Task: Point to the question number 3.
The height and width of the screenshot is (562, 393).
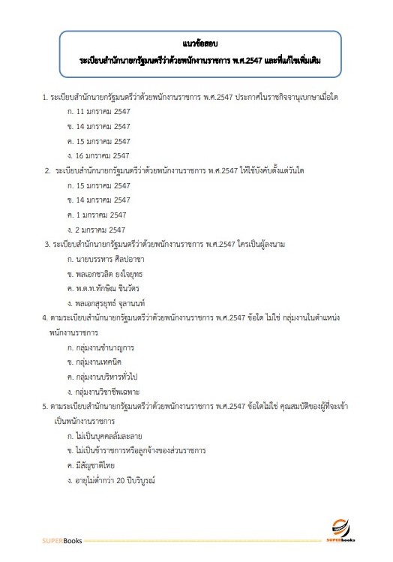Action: [x=46, y=244]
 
